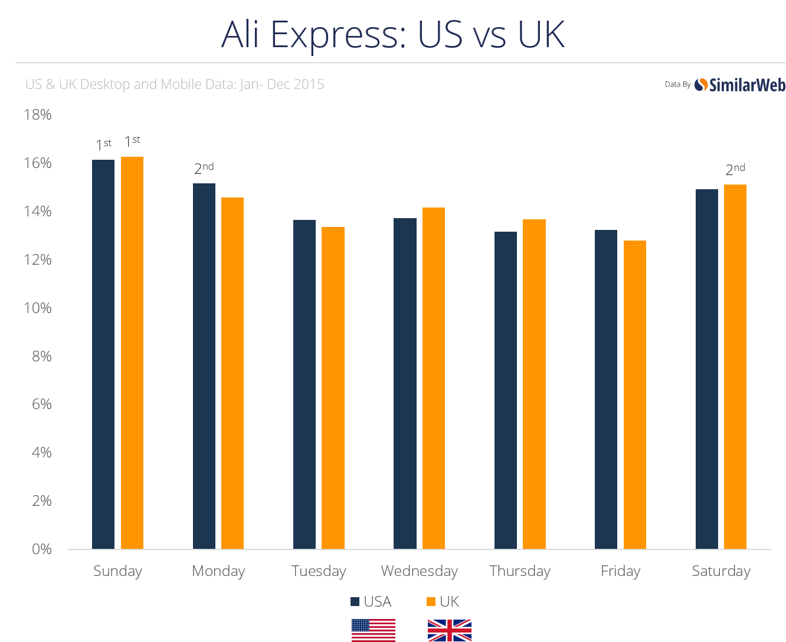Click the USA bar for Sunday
click(103, 354)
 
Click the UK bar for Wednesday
click(434, 378)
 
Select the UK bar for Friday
click(635, 394)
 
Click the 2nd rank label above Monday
click(204, 168)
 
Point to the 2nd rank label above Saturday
click(735, 169)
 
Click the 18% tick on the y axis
click(37, 114)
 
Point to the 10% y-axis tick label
click(37, 308)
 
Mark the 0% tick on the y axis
click(41, 549)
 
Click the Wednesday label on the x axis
click(420, 571)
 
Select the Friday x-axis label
click(620, 571)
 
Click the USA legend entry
click(371, 601)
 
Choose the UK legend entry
click(443, 601)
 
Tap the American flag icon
click(373, 630)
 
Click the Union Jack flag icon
click(449, 630)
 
